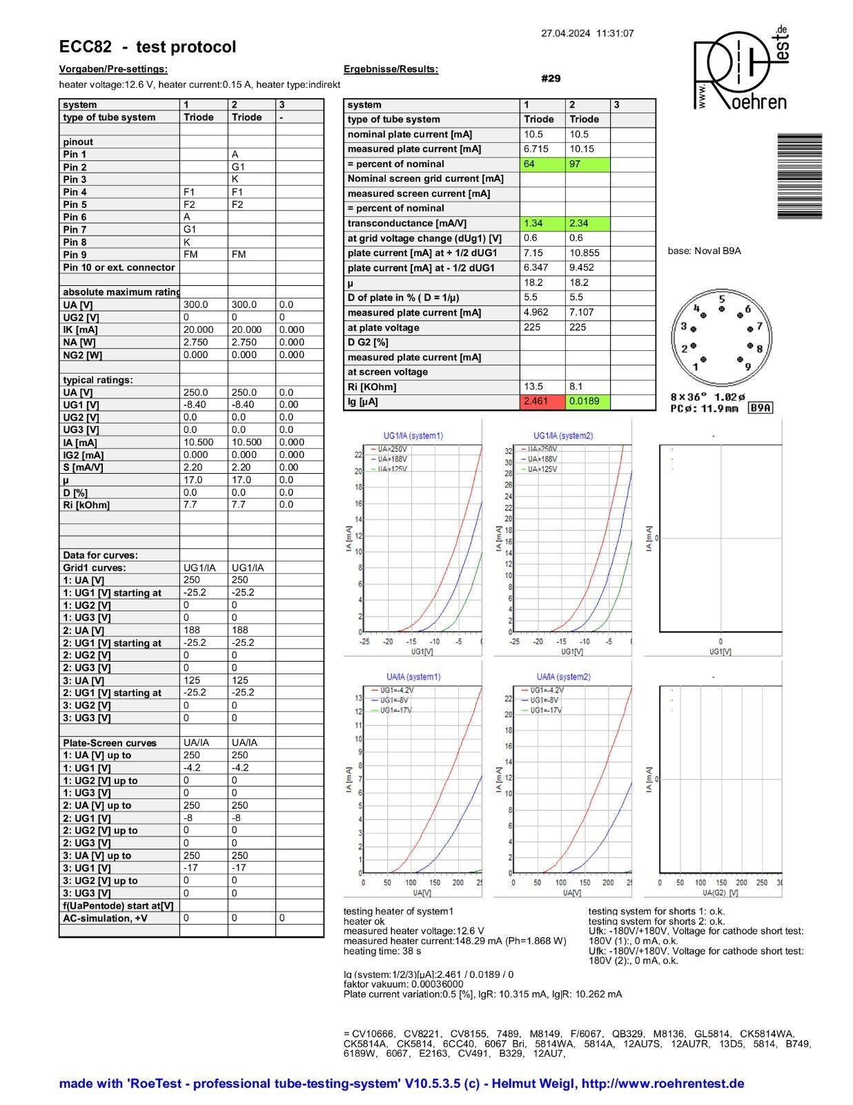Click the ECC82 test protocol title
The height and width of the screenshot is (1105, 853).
click(148, 47)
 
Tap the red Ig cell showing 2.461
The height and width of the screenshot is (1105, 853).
click(542, 402)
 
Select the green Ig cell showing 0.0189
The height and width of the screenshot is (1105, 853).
click(587, 402)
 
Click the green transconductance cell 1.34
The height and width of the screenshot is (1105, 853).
click(542, 223)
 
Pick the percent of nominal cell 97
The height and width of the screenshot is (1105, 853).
click(587, 164)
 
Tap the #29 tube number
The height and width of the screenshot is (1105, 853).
click(551, 79)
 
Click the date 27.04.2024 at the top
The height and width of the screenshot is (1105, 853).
click(565, 33)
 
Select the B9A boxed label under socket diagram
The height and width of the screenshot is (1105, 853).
click(760, 408)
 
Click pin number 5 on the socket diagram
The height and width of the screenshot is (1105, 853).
click(722, 300)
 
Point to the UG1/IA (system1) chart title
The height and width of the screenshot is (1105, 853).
click(413, 436)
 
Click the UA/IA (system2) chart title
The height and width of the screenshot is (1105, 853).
click(563, 677)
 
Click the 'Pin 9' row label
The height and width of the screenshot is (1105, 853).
click(75, 255)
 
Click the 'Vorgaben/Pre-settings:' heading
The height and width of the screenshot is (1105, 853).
click(113, 69)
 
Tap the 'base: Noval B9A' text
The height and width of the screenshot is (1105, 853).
click(704, 251)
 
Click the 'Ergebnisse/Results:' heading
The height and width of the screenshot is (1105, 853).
click(391, 69)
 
